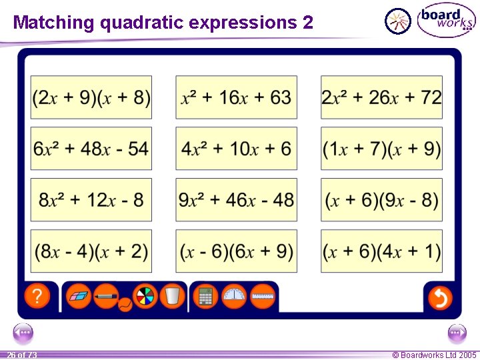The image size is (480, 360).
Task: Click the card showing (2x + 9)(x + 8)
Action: pyautogui.click(x=91, y=97)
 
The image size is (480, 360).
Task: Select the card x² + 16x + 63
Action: pyautogui.click(x=237, y=97)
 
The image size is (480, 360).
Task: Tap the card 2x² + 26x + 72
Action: pyautogui.click(x=381, y=97)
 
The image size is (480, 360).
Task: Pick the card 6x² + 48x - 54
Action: pyautogui.click(x=91, y=149)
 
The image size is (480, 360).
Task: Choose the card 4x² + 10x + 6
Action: pyautogui.click(x=237, y=149)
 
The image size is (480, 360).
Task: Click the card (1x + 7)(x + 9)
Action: pyautogui.click(x=381, y=149)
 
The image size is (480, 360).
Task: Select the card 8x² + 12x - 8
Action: pyautogui.click(x=91, y=200)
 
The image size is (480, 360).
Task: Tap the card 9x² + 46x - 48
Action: pyautogui.click(x=237, y=200)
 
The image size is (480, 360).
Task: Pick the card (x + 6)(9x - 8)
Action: pyautogui.click(x=381, y=200)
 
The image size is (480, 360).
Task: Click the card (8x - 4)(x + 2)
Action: pyautogui.click(x=91, y=251)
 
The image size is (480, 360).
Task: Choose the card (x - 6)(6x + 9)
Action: pyautogui.click(x=237, y=251)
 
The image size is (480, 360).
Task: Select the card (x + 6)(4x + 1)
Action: pyautogui.click(x=381, y=251)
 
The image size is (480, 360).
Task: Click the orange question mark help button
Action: pyautogui.click(x=38, y=297)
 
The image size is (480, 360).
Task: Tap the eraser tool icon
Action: pyautogui.click(x=79, y=295)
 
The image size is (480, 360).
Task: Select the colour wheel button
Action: pyautogui.click(x=145, y=296)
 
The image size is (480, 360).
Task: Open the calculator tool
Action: pyautogui.click(x=206, y=296)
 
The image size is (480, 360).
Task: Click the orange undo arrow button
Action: pyautogui.click(x=439, y=297)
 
